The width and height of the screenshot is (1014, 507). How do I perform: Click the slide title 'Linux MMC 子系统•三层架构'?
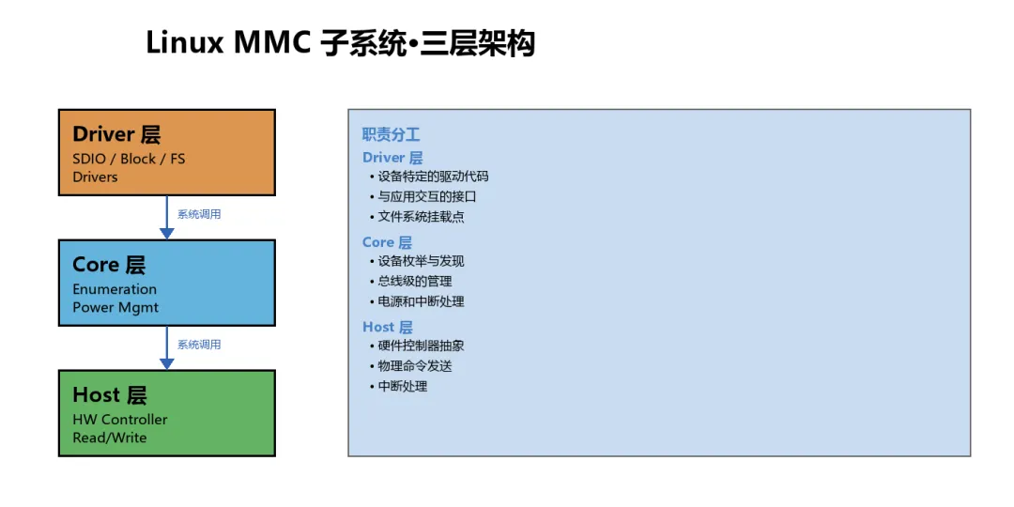[340, 43]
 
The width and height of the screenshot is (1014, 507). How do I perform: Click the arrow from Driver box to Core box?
[167, 217]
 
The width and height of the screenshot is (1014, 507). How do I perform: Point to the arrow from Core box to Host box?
[167, 347]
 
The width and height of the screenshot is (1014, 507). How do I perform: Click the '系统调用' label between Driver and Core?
[199, 214]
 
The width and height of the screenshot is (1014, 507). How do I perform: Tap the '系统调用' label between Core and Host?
[199, 345]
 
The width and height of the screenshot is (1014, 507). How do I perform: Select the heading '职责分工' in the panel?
[391, 135]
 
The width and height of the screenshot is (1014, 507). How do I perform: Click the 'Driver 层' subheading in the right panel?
[392, 158]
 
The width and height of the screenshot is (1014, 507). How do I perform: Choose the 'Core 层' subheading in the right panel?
[387, 242]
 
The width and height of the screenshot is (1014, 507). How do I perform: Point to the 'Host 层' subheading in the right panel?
[388, 327]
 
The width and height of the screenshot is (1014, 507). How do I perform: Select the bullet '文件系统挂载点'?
[421, 217]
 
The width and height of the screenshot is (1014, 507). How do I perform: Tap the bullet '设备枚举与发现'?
[421, 261]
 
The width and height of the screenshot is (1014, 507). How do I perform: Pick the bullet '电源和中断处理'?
[421, 301]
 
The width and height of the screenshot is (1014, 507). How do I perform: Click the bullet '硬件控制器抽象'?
[421, 346]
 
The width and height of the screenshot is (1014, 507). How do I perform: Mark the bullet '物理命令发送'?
[415, 366]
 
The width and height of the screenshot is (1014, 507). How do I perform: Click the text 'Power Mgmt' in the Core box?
[115, 307]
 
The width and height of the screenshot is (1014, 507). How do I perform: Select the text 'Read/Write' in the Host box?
[110, 438]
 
